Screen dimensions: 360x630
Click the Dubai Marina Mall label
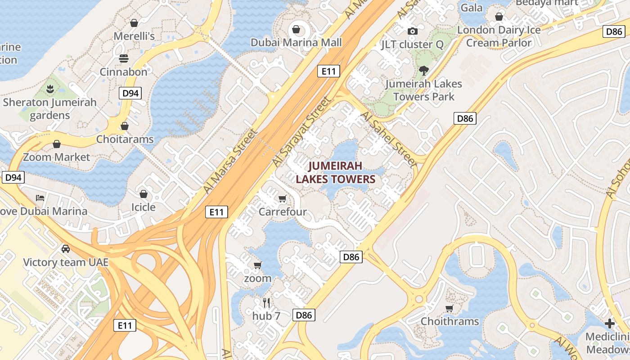296,43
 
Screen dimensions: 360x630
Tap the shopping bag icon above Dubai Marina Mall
296,29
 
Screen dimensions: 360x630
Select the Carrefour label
283,212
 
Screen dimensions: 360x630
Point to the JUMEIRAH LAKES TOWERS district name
335,173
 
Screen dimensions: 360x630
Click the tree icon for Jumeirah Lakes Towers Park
423,70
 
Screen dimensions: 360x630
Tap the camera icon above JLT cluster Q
412,31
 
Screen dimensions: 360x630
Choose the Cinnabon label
123,72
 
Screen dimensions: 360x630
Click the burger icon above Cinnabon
123,58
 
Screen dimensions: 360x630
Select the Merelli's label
134,36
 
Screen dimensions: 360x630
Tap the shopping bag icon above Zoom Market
57,144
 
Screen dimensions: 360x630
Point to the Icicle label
143,207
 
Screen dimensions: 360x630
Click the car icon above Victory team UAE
66,248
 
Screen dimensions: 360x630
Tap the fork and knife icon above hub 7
266,302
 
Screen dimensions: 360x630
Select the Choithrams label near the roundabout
450,321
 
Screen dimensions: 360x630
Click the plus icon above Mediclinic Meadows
610,324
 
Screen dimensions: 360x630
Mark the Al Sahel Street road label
390,140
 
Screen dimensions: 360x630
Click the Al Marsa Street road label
230,161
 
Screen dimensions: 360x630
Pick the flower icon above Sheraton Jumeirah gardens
50,89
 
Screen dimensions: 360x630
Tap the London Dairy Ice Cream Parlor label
499,36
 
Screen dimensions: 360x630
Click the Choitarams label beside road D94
125,139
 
